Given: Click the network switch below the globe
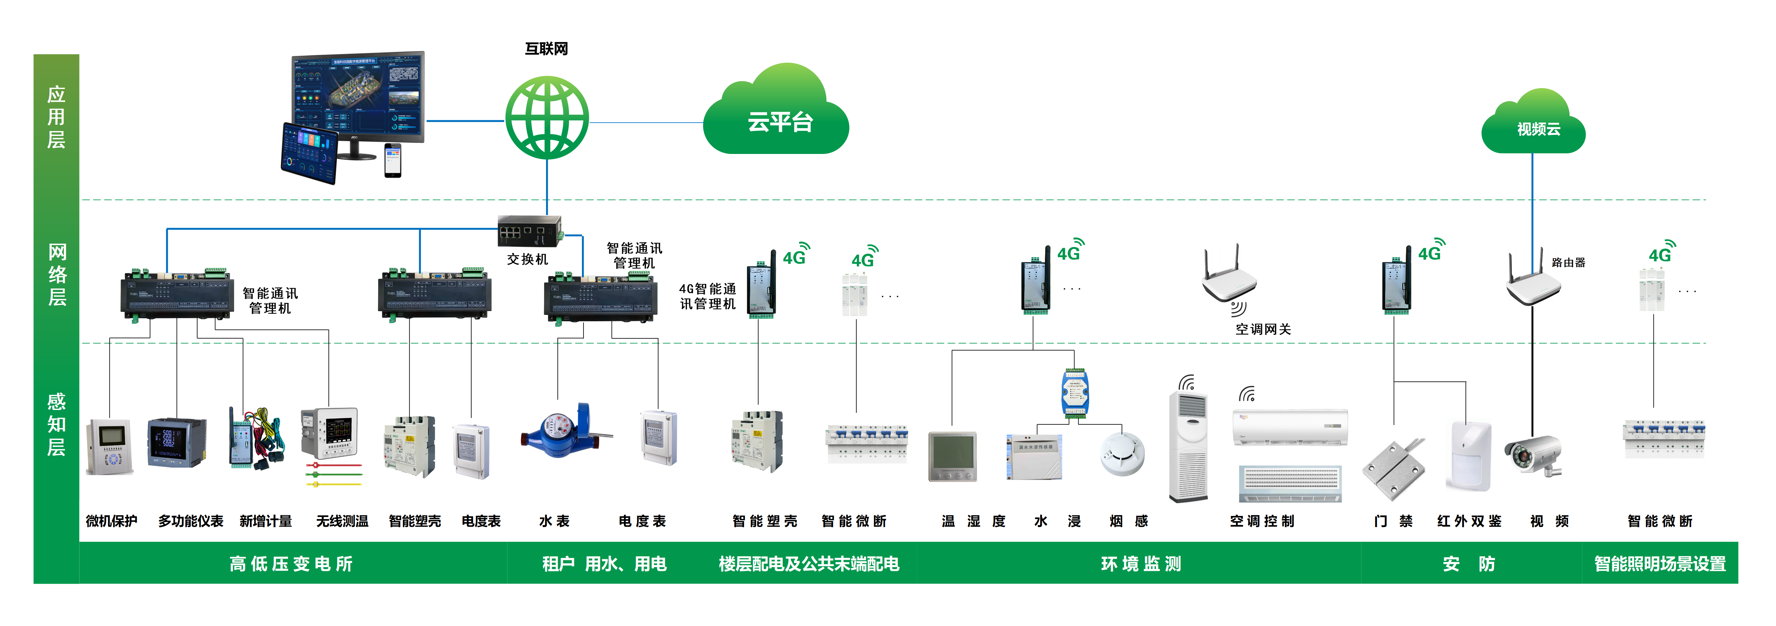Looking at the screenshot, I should pyautogui.click(x=531, y=231).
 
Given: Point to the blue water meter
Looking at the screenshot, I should pyautogui.click(x=565, y=430).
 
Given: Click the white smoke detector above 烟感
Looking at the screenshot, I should pyautogui.click(x=1122, y=454).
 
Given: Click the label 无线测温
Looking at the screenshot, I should pyautogui.click(x=342, y=521).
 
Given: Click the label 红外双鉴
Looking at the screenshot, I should pyautogui.click(x=1469, y=521).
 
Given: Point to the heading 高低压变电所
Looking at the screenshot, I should pyautogui.click(x=291, y=564).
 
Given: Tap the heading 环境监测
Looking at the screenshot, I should pyautogui.click(x=1141, y=564).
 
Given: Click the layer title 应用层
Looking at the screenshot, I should pyautogui.click(x=57, y=117).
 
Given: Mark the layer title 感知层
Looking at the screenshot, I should pyautogui.click(x=57, y=424).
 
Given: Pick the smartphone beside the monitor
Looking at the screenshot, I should pyautogui.click(x=392, y=160).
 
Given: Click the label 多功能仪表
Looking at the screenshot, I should pyautogui.click(x=191, y=521).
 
